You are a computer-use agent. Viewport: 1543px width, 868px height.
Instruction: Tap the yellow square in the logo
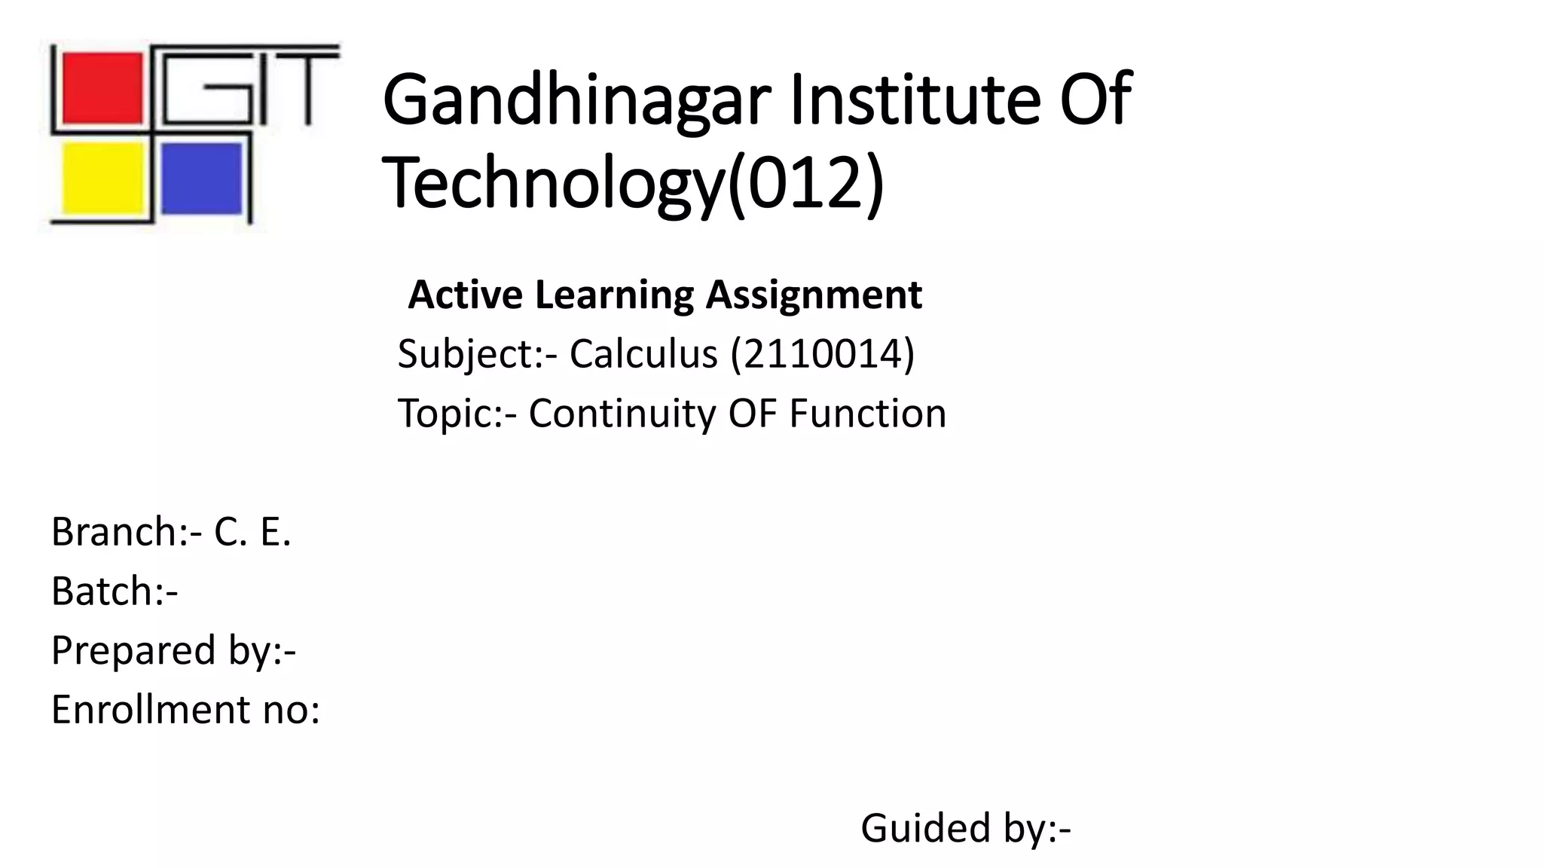click(101, 178)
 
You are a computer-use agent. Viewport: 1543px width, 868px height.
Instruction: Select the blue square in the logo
click(201, 178)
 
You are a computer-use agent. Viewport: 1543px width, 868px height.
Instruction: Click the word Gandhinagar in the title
click(577, 100)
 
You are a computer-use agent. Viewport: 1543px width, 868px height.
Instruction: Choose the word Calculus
click(643, 353)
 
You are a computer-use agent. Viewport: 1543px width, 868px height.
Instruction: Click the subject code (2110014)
click(823, 353)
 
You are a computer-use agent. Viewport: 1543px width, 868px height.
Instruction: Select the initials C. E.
click(252, 531)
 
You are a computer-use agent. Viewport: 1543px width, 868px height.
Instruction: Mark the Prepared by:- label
click(173, 649)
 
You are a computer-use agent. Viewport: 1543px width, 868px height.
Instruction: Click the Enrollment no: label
click(185, 709)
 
